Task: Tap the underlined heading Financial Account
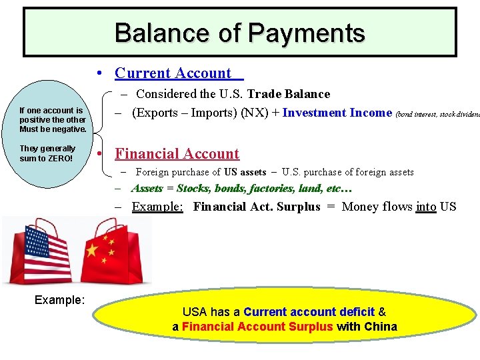[x=177, y=154]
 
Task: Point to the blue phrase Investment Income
[x=337, y=113]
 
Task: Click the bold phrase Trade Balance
[x=289, y=94]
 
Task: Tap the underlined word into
[x=426, y=207]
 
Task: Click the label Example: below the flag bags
[x=59, y=300]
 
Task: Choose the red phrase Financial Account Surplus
[x=257, y=327]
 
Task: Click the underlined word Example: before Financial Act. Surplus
[x=157, y=207]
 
